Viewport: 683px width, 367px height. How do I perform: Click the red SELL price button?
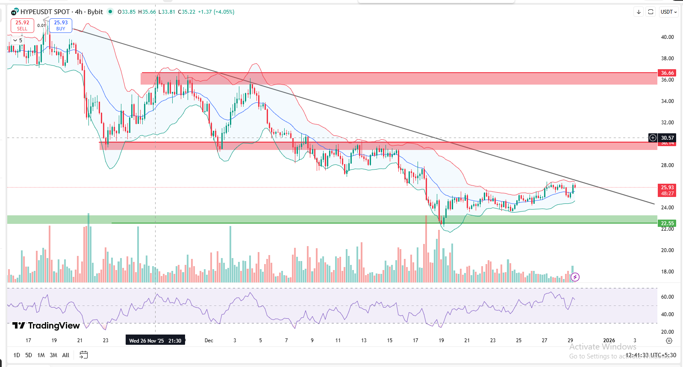(x=22, y=26)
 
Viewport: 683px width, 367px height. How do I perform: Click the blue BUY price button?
(x=61, y=26)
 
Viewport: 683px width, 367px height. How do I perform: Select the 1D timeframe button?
(x=17, y=355)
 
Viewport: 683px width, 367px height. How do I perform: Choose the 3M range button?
(x=53, y=355)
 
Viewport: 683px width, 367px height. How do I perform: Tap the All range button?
(x=66, y=355)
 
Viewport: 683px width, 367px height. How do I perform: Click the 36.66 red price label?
(x=667, y=73)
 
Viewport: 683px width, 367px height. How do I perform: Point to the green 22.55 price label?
(x=667, y=223)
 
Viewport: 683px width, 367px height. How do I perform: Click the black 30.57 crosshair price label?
(x=667, y=138)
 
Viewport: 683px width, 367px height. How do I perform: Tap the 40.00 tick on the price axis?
(x=667, y=37)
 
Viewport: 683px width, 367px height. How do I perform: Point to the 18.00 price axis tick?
(x=667, y=272)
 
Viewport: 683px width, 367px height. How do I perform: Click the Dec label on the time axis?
(x=209, y=341)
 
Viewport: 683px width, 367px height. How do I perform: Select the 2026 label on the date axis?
(x=609, y=341)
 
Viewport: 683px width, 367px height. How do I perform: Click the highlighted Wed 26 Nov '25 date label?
(x=155, y=341)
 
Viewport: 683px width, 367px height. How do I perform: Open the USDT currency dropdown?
(x=668, y=12)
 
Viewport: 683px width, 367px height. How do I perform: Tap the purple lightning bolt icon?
(x=575, y=277)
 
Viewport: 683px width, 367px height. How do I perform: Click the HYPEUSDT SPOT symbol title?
(x=45, y=12)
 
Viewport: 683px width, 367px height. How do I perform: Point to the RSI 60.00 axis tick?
(x=667, y=297)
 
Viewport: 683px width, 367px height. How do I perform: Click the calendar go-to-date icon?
(x=84, y=355)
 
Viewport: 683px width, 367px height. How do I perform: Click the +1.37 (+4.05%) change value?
(x=216, y=12)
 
